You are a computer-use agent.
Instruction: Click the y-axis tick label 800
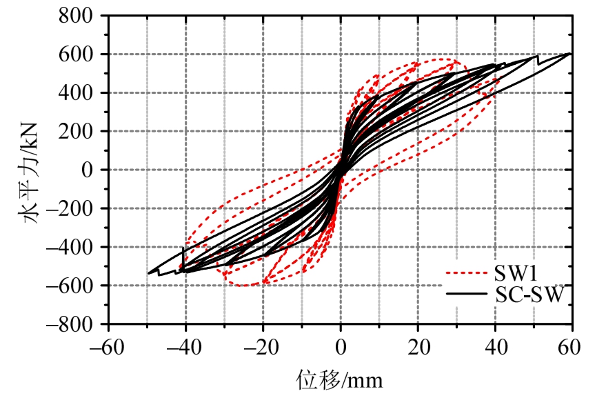tap(85, 15)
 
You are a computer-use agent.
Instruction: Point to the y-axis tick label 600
tap(85, 54)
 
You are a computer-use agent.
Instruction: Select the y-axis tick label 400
tap(85, 92)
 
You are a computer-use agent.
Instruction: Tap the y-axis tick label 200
tap(85, 131)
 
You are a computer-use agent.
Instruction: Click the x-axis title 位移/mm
tap(339, 378)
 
